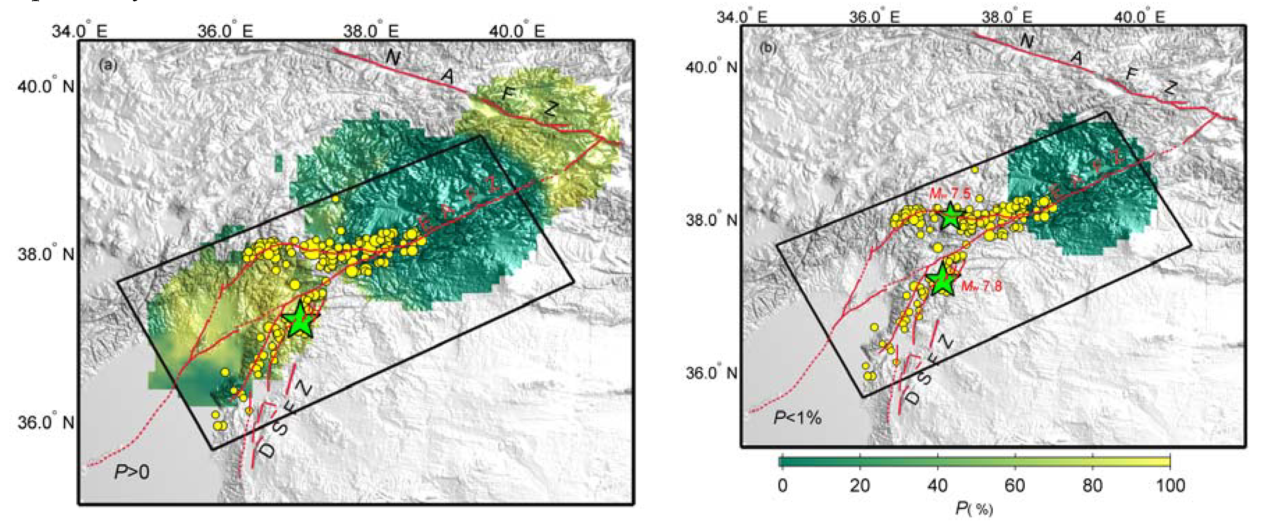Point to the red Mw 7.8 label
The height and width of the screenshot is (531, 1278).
click(981, 286)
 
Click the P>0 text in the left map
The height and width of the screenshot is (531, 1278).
click(132, 471)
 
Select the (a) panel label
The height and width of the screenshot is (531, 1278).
click(108, 65)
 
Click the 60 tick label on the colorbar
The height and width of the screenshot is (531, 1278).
click(1015, 485)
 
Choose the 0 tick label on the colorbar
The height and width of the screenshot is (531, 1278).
click(783, 485)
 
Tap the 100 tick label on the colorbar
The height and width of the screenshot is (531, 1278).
click(1170, 485)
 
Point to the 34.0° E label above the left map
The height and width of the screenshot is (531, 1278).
click(79, 31)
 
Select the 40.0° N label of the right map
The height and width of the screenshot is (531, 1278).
click(711, 66)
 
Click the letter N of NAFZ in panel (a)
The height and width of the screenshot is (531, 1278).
click(393, 58)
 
